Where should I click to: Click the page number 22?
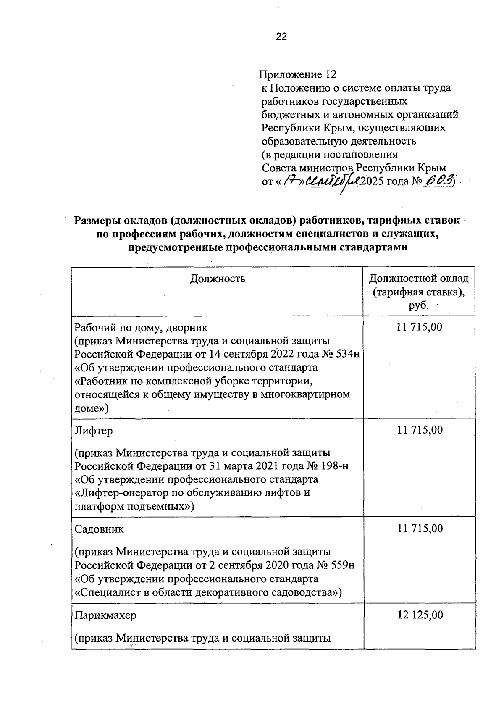point(281,37)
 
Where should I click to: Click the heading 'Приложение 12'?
point(298,75)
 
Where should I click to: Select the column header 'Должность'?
point(218,279)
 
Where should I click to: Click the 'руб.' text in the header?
point(419,305)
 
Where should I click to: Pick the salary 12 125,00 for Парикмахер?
point(420,615)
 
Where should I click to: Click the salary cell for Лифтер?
point(420,430)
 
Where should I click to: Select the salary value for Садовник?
point(420,529)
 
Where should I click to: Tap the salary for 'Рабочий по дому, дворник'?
point(420,327)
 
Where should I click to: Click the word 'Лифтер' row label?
point(94,431)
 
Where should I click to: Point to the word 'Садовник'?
point(99,529)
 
